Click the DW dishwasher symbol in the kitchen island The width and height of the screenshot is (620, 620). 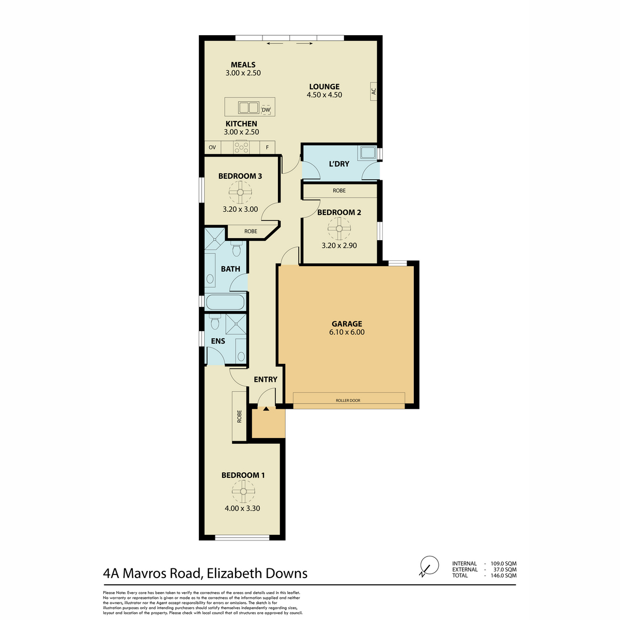click(266, 110)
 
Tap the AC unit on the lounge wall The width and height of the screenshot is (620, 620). click(374, 91)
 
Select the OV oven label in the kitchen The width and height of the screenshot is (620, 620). click(212, 147)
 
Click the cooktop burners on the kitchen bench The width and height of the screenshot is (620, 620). click(241, 147)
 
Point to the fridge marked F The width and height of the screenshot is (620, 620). click(267, 147)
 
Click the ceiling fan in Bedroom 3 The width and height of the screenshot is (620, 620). click(240, 192)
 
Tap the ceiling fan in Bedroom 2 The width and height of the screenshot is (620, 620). click(339, 228)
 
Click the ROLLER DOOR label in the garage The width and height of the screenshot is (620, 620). click(348, 400)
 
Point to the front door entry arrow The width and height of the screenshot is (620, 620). click(266, 409)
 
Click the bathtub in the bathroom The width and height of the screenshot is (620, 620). click(225, 302)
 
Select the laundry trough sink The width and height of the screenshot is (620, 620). click(368, 152)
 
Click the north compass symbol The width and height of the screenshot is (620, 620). click(429, 574)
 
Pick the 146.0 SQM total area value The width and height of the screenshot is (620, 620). click(504, 576)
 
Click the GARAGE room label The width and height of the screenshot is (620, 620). click(347, 323)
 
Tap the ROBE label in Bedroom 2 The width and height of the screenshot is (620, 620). click(339, 191)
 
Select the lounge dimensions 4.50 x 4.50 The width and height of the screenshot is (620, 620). click(324, 95)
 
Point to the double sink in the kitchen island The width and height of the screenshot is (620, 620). click(249, 107)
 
